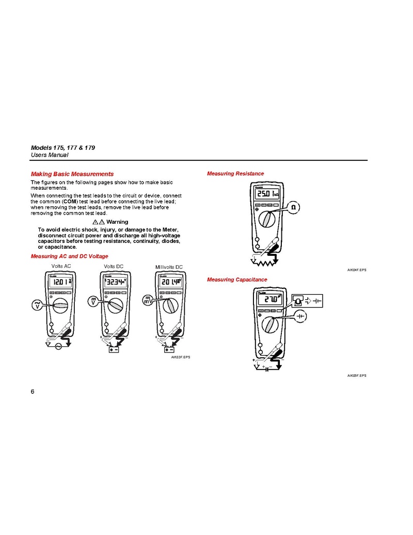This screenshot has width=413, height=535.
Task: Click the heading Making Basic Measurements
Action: coord(72,174)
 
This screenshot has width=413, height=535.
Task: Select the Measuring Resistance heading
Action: coord(235,174)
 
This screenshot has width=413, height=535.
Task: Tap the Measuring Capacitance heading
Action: coord(237,280)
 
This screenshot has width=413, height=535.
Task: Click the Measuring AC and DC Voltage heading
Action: coord(70,256)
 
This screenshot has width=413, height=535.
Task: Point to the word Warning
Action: coord(117,222)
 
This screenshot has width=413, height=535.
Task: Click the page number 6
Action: coord(33,391)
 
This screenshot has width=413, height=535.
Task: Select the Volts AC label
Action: coord(61,266)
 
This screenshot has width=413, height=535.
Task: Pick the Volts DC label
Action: coord(114,266)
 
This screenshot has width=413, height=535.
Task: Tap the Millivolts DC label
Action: coord(169,267)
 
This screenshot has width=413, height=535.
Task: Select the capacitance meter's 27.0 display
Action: coord(269,300)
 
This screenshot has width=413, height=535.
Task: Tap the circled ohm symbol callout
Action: coord(294,207)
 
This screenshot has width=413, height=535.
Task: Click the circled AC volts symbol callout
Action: coord(38,305)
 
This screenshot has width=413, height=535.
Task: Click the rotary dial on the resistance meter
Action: coord(268,219)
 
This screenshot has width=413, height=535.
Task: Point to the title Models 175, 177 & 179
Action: coord(63,148)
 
